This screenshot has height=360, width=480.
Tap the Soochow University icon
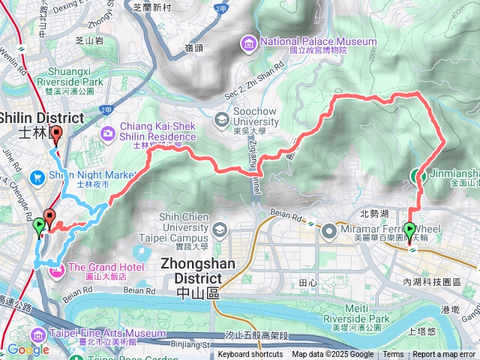coord(221,119)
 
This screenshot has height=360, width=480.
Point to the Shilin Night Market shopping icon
coord(37,177)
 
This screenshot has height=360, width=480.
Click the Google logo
coord(28,349)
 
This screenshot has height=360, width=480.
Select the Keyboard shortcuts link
coord(250,355)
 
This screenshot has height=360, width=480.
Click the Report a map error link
coord(445,355)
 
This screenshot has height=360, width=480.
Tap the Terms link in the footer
coord(393,355)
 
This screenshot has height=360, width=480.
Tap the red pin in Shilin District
coord(56,136)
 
